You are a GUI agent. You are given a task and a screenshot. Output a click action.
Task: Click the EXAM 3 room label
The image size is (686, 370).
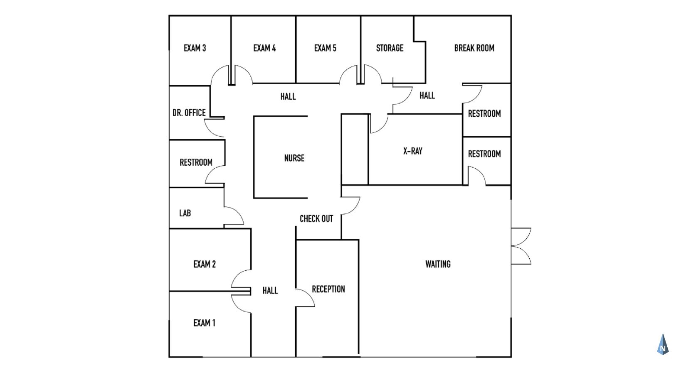point(195,48)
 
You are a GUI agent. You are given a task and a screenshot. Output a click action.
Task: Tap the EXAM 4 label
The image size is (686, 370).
point(264,48)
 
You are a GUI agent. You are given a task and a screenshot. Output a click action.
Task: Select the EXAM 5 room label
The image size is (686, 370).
point(325,48)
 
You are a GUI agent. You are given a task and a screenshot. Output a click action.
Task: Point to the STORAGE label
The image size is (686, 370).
point(390,48)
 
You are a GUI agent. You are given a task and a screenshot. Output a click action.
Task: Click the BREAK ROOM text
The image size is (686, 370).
point(474,48)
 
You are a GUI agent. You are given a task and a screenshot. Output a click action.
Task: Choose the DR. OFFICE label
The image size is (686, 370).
point(189,113)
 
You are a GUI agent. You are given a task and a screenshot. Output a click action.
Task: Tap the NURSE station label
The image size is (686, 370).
point(294,158)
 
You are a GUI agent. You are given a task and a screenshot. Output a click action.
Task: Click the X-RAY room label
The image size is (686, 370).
point(413,151)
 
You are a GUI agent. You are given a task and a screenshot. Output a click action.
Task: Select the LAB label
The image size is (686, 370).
point(185,213)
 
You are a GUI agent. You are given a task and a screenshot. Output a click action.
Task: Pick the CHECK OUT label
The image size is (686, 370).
point(316,218)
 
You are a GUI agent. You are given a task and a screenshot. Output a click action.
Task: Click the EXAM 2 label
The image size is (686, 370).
point(205,264)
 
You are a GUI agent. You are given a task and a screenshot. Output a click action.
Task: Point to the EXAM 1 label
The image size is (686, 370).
point(204,323)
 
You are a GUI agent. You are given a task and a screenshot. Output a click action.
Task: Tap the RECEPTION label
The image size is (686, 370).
point(328,289)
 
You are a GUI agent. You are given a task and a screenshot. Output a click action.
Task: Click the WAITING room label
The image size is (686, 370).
point(438,264)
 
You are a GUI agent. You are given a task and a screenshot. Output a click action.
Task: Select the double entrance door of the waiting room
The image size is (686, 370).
point(521,246)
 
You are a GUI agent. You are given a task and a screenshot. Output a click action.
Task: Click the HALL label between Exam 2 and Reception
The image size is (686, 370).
point(270,290)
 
